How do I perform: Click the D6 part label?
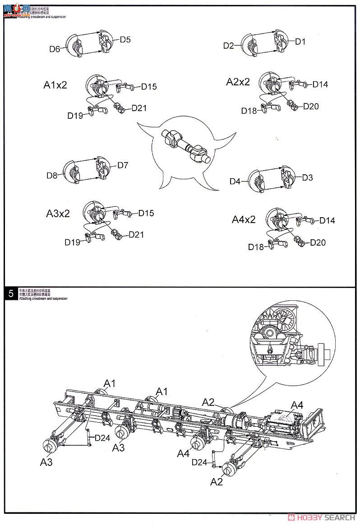55,49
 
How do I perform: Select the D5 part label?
125,40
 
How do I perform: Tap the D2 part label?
229,45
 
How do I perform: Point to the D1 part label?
300,42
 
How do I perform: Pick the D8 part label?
52,176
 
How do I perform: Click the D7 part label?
123,165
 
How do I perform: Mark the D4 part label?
235,182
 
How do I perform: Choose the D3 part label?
307,177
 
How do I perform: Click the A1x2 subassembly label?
55,84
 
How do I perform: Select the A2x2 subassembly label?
238,82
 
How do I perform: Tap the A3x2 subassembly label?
58,214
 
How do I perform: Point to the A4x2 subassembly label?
244,219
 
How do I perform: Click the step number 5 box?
10,293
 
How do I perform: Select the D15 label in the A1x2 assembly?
149,87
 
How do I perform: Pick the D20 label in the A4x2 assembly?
318,242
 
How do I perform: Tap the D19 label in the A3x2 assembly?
72,242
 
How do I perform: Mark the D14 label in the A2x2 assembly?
320,84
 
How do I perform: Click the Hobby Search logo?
323,517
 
